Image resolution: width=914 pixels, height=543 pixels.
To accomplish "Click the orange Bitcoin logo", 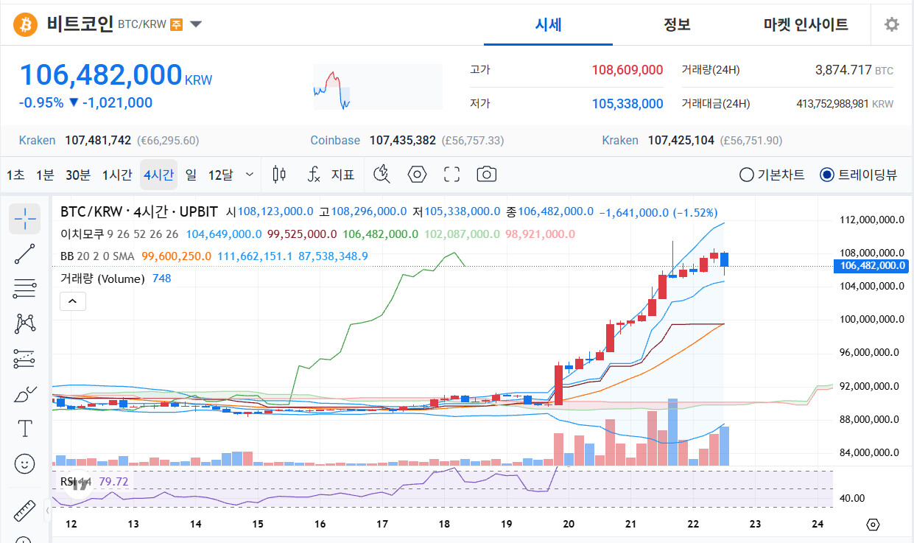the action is (x=25, y=24).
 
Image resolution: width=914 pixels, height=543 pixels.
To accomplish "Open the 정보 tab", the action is (x=677, y=24).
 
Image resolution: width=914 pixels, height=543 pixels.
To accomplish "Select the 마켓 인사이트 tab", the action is (x=806, y=24).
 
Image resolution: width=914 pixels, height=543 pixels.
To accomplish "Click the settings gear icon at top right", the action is (x=892, y=24).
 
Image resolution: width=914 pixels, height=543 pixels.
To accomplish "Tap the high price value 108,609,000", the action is (x=628, y=70).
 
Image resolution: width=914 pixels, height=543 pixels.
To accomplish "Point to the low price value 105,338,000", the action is (x=628, y=104).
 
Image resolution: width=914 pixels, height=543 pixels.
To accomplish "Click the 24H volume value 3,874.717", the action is (x=843, y=70).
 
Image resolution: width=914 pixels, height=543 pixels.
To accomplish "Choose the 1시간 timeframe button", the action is (x=117, y=175).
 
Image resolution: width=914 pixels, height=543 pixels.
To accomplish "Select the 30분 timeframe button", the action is (x=78, y=175).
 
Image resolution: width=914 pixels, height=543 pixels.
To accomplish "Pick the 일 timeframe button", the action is (x=191, y=175).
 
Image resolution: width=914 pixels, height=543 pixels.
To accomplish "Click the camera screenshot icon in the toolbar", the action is (x=486, y=175).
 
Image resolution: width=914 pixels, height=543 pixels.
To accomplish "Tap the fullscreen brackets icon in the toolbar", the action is (x=451, y=175).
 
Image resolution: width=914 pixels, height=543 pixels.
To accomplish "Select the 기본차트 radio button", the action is (x=746, y=175).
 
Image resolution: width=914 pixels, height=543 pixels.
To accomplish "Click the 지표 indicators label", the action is (x=342, y=175).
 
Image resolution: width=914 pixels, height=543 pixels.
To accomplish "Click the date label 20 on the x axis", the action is (x=569, y=524).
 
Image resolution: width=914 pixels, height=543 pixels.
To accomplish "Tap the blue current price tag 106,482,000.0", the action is (x=871, y=266).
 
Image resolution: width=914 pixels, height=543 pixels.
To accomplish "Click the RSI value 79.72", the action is (x=113, y=482).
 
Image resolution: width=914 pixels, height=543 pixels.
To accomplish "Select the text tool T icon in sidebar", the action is (x=25, y=429).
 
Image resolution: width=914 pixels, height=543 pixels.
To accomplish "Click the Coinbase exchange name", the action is (x=335, y=141).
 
